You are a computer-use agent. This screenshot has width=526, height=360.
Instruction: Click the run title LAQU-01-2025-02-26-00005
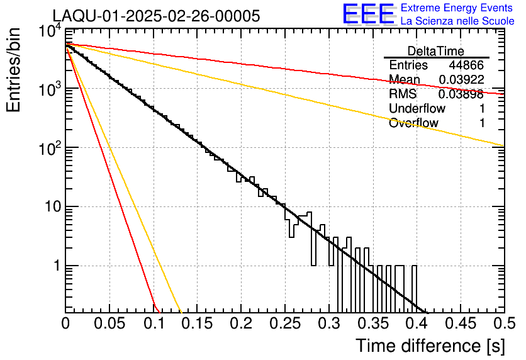(x=155, y=16)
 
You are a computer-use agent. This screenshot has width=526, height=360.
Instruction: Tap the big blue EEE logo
(x=369, y=14)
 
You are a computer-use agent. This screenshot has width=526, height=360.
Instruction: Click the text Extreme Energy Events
(x=457, y=8)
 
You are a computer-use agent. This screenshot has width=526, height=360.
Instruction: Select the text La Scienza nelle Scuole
(x=457, y=21)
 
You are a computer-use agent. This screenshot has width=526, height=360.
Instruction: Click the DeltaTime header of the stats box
(x=436, y=51)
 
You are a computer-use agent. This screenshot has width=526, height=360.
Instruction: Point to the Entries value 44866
(x=466, y=65)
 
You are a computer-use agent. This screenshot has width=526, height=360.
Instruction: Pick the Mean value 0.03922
(x=461, y=80)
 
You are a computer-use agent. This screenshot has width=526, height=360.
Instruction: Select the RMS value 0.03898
(x=461, y=94)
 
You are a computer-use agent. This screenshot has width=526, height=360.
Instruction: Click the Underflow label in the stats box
(x=417, y=109)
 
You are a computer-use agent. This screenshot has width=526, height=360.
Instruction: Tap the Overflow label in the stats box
(x=413, y=123)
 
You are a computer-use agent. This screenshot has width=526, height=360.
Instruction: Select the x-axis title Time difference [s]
(x=430, y=346)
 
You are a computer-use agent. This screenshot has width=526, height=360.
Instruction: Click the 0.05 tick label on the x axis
(x=109, y=324)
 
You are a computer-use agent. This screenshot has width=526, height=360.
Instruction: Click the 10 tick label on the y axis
(x=50, y=207)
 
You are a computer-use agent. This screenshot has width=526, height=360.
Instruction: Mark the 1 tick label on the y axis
(x=55, y=266)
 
